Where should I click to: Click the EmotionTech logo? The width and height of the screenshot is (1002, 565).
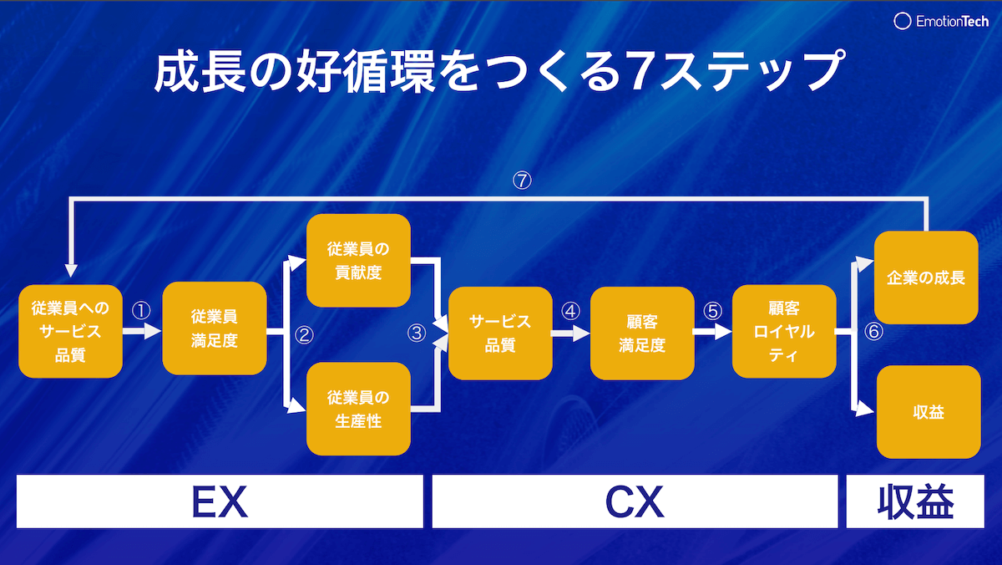tap(941, 21)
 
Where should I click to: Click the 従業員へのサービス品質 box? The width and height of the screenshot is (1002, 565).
tap(71, 331)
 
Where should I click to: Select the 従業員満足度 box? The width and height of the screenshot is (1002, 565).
tap(215, 329)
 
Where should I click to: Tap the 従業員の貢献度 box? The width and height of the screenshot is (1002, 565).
tap(358, 260)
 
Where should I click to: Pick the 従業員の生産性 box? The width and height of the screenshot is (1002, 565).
tap(358, 409)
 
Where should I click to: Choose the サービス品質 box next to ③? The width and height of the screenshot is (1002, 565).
tap(500, 333)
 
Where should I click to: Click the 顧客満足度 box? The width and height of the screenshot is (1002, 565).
tap(642, 333)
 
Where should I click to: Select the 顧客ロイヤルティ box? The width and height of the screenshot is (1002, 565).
tap(784, 332)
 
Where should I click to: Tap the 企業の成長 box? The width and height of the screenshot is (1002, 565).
tap(926, 277)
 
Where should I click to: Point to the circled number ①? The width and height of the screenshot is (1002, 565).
tap(141, 310)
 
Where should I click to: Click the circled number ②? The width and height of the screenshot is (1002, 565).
tap(304, 336)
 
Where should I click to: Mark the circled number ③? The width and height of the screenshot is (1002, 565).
tap(416, 333)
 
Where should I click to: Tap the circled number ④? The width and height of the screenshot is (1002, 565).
tap(570, 311)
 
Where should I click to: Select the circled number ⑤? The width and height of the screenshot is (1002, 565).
tap(712, 311)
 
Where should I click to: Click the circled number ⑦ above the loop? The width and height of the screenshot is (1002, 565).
tap(523, 181)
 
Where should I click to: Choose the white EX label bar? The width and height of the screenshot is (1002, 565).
tap(220, 501)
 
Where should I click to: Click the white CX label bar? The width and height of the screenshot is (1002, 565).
tap(635, 501)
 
